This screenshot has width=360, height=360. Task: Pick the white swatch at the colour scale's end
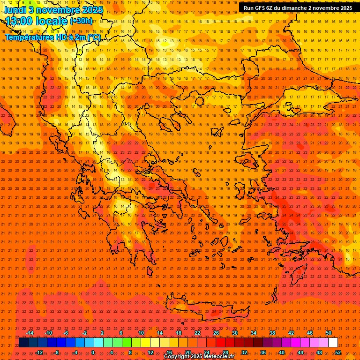[333, 342]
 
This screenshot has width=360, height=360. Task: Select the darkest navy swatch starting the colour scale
[24, 342]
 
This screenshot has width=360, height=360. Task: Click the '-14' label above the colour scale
[30, 333]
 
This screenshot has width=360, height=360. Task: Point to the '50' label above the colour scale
[329, 333]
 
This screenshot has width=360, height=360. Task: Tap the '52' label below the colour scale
[338, 352]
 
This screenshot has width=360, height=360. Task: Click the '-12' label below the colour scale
[39, 352]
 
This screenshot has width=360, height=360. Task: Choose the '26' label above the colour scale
[216, 333]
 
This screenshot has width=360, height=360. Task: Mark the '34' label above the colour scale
[254, 333]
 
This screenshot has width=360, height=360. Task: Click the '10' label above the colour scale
[141, 333]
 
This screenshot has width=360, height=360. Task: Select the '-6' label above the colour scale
[66, 333]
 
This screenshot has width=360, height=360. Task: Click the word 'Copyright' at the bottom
[176, 357]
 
